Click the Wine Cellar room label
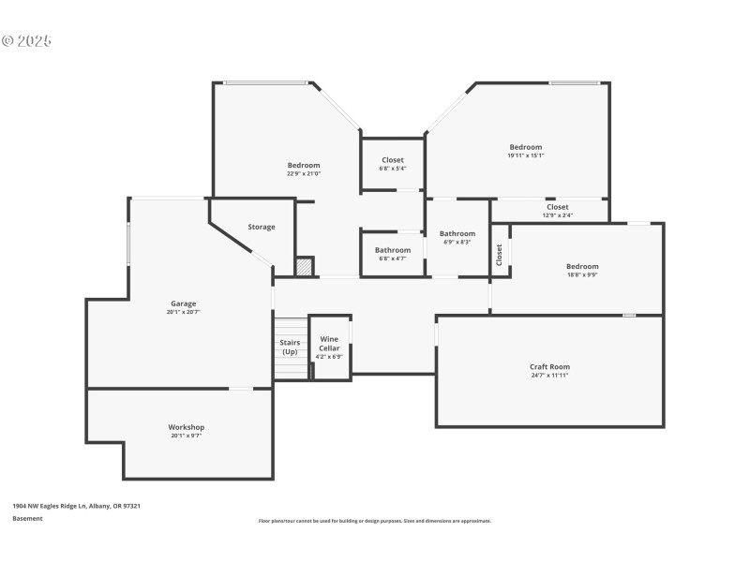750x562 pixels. (329, 344)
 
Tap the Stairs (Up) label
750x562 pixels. (290, 347)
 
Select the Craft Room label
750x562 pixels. (549, 366)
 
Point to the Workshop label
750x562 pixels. (186, 427)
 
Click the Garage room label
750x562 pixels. (183, 303)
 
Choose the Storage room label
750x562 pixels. (262, 227)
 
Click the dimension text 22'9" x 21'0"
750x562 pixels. (304, 173)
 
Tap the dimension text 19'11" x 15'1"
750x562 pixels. (525, 155)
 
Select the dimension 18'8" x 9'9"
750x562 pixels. (581, 274)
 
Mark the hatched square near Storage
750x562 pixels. (304, 267)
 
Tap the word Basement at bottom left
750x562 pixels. (27, 518)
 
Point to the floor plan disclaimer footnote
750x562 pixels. (374, 521)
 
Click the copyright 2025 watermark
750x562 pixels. (26, 41)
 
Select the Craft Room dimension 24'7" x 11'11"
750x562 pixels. (549, 375)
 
